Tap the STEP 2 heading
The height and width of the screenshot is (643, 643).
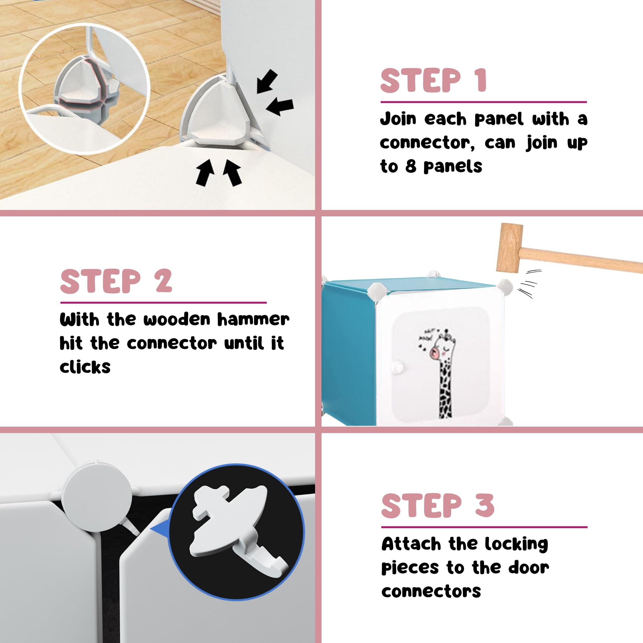tap(116, 281)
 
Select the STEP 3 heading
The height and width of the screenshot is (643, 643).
tap(438, 506)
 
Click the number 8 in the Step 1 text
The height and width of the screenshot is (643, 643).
tap(411, 166)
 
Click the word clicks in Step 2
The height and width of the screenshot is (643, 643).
tap(85, 367)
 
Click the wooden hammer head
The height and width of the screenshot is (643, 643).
tap(509, 248)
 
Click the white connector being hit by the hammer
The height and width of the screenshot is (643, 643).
tap(505, 287)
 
